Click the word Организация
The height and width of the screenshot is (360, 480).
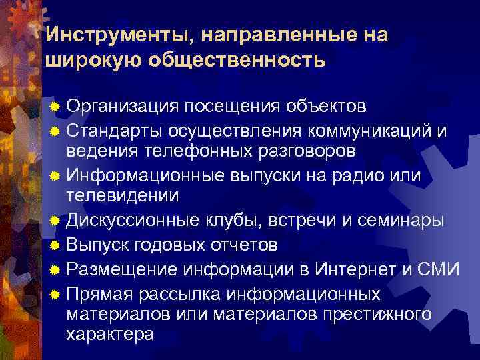pyautogui.click(x=123, y=106)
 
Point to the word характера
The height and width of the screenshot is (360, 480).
pyautogui.click(x=110, y=334)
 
